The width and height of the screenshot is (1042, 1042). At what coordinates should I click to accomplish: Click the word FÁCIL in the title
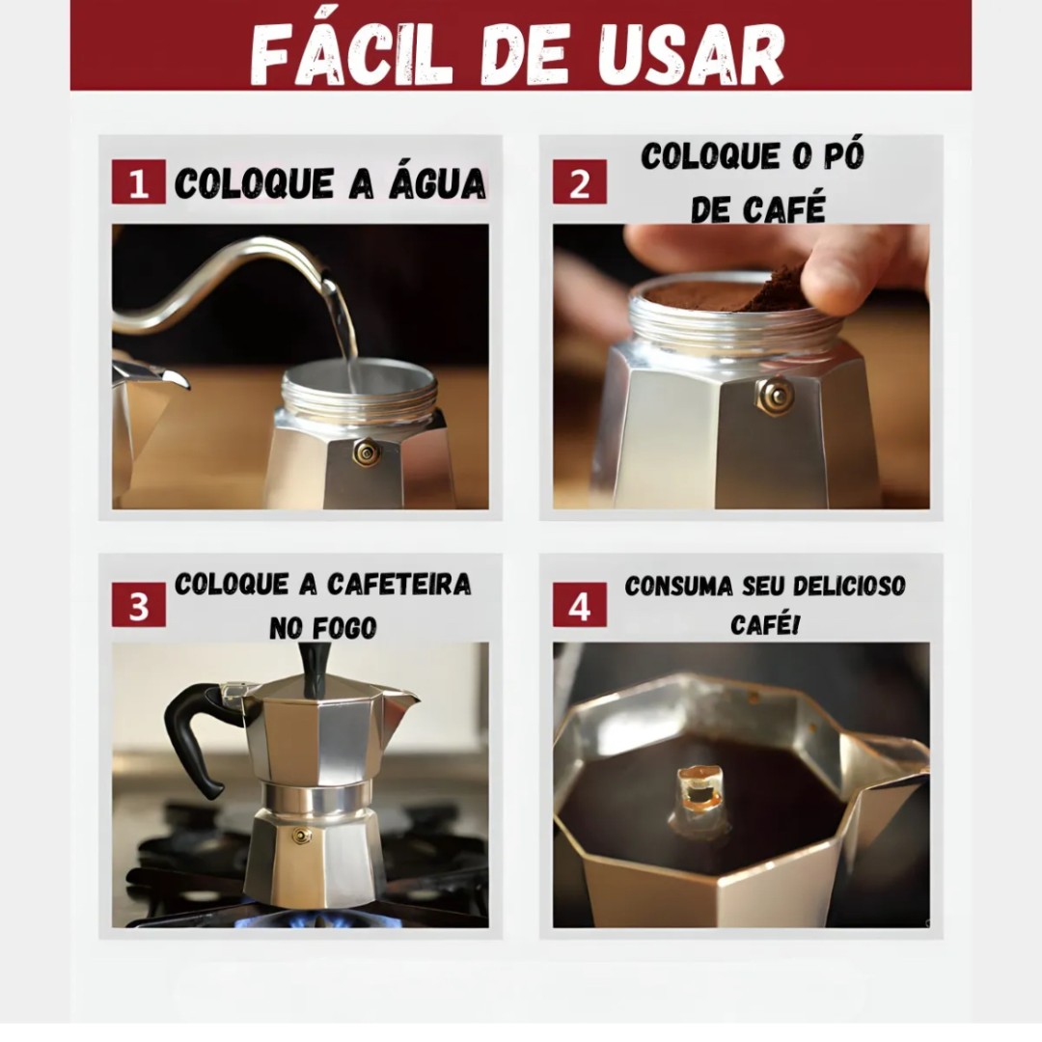[x=351, y=54]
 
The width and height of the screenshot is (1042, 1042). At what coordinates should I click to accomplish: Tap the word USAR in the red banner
[x=691, y=54]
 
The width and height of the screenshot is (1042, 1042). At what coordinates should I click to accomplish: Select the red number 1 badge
[x=138, y=181]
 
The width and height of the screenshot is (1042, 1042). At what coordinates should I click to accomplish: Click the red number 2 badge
[x=580, y=181]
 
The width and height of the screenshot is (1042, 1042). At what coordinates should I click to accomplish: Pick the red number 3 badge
[x=138, y=605]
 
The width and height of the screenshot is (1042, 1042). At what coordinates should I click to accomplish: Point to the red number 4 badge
[x=580, y=605]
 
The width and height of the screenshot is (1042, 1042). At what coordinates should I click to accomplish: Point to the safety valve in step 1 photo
[x=367, y=452]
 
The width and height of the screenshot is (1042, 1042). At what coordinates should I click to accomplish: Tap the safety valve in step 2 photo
[x=775, y=397]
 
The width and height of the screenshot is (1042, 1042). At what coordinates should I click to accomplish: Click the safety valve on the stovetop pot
[x=302, y=836]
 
